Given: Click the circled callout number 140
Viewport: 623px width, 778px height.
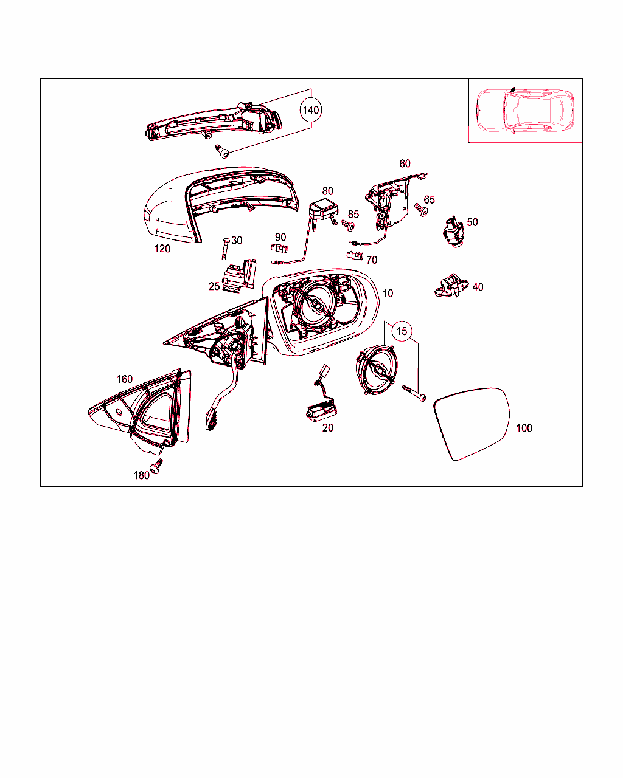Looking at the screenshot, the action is coord(311,110).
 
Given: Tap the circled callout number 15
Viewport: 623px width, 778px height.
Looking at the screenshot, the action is coord(402,331).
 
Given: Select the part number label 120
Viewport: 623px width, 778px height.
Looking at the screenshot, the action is coord(162,249).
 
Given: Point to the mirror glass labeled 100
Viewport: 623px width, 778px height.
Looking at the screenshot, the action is coord(472,424).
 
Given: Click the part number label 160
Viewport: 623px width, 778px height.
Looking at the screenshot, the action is coord(125,379).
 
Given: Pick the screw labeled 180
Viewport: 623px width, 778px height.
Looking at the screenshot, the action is coord(156,466).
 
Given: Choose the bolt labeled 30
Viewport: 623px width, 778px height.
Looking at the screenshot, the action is coord(225,249).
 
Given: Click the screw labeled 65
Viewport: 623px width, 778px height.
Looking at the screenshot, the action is coord(421,210).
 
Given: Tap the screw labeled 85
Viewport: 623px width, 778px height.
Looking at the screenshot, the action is coord(347,225).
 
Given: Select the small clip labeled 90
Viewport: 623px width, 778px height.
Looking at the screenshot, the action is coord(279,249).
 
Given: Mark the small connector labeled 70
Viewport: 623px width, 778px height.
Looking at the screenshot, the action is coord(355,255).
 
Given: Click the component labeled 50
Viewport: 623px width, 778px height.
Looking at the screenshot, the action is coord(453,232).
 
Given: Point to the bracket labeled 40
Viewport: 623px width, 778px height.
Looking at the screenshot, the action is coord(451,286).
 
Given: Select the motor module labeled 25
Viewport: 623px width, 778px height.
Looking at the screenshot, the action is coord(239,275).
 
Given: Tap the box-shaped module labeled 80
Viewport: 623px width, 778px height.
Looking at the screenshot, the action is coord(324,213).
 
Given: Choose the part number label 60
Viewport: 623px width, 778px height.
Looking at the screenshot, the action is coord(405,164).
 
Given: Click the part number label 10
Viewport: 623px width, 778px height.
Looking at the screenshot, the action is coord(388,294).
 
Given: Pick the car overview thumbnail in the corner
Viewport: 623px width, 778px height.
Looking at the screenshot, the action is coord(525,110).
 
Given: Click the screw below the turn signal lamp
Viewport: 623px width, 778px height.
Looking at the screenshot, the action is coord(222,151).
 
